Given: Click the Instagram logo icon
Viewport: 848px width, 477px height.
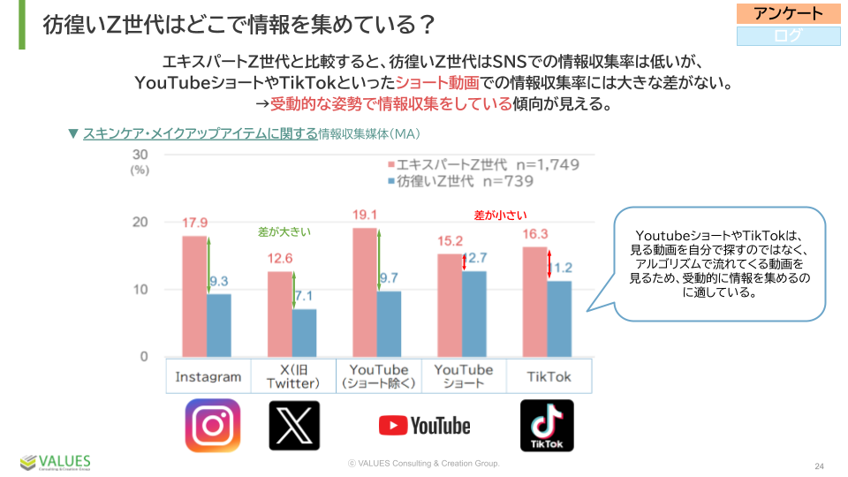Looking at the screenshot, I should click(212, 426).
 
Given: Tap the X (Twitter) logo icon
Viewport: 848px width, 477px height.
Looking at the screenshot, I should click(294, 426).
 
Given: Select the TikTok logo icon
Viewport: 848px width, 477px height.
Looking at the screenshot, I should click(547, 426).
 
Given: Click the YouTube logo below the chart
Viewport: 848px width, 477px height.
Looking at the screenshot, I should click(424, 426).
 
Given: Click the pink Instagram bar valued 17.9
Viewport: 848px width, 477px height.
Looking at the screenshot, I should click(194, 296).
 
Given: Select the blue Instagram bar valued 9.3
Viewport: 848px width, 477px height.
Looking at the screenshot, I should click(219, 325).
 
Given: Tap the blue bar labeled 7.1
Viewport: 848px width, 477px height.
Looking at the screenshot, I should click(304, 332).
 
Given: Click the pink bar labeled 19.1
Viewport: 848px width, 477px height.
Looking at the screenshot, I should click(364, 291).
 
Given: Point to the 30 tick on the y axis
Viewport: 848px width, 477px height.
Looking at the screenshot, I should click(140, 155).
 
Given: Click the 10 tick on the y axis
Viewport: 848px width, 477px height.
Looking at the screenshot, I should click(140, 290).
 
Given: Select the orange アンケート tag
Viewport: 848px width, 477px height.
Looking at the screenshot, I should click(789, 13).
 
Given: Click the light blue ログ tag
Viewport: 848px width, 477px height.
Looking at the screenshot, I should click(789, 36).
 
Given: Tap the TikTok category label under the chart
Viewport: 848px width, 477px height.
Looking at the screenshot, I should click(549, 376).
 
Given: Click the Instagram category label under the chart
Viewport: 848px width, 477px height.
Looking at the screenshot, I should click(208, 376).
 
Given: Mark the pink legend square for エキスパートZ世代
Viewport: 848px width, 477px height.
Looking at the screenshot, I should click(390, 165).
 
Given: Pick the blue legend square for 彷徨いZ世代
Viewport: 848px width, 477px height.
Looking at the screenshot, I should click(390, 181).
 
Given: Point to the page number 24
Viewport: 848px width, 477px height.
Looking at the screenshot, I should click(819, 466).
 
